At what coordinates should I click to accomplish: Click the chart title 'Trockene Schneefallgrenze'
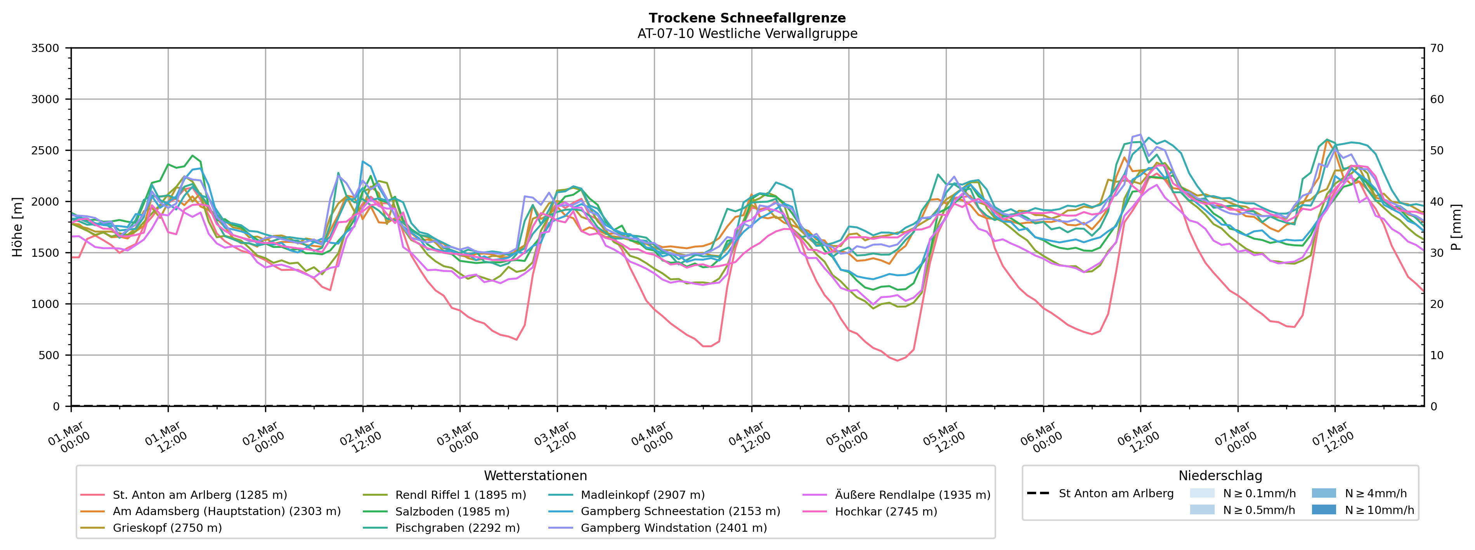click(x=747, y=18)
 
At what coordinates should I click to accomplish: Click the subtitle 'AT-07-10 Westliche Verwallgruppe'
click(x=747, y=34)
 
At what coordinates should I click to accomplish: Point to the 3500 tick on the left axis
click(x=45, y=48)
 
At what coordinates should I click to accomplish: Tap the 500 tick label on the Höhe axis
click(x=49, y=355)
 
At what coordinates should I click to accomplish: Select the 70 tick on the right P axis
click(x=1437, y=48)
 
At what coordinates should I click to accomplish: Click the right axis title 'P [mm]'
click(x=1456, y=227)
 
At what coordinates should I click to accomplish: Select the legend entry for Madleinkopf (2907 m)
click(x=643, y=495)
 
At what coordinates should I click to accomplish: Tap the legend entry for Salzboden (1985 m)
click(x=452, y=512)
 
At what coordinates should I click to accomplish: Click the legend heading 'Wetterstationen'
click(x=536, y=476)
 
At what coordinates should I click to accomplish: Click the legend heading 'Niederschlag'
click(x=1220, y=476)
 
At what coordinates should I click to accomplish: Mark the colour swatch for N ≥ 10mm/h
click(x=1324, y=509)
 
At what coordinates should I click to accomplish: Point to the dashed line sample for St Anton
click(x=1038, y=493)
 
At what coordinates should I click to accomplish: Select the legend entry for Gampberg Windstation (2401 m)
click(x=673, y=528)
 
